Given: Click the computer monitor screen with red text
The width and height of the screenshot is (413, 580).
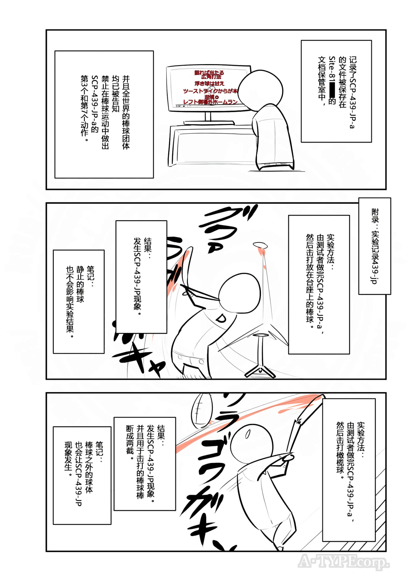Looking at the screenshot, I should click(204, 89).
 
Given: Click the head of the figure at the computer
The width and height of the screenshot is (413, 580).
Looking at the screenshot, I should click(260, 88).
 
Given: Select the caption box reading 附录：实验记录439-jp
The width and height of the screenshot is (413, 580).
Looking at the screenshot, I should click(375, 246).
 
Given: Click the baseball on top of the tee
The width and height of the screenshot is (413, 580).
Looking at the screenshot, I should click(260, 245).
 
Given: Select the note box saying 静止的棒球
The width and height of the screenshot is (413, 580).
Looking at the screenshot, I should click(79, 302).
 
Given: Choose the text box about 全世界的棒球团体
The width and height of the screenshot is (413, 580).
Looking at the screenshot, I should click(104, 114).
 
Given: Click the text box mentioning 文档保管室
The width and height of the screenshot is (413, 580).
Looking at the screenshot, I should click(336, 91).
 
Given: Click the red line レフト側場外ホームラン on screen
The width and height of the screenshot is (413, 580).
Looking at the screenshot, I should click(210, 102).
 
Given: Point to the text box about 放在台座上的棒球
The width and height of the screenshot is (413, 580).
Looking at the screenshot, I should click(319, 284).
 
